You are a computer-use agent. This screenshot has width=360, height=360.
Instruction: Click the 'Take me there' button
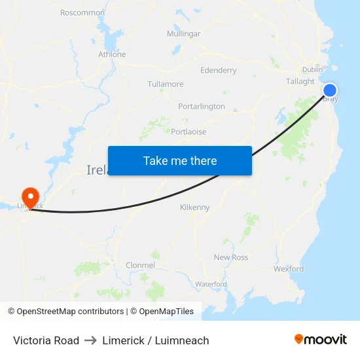[x=180, y=160]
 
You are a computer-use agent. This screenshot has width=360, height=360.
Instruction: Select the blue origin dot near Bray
[x=330, y=90]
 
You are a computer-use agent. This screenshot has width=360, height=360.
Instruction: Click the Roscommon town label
[x=82, y=12]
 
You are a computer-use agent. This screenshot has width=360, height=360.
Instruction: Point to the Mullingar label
[x=183, y=33]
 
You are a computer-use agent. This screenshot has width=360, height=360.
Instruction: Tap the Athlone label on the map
[x=112, y=54]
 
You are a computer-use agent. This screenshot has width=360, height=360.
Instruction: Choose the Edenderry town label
[x=219, y=70]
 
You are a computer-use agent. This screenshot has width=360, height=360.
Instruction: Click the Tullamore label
[x=166, y=84]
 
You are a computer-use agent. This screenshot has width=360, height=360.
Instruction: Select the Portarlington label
[x=202, y=106]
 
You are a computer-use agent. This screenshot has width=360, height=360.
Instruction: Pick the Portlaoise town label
[x=189, y=132]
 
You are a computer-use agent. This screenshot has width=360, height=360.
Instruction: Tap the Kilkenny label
[x=195, y=207]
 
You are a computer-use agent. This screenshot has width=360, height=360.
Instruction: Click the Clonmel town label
[x=140, y=265]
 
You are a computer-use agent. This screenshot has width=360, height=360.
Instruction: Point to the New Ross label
[x=231, y=257]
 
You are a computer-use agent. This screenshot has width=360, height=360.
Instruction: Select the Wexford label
[x=289, y=268]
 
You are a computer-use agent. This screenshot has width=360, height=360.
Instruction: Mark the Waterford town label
[x=211, y=284]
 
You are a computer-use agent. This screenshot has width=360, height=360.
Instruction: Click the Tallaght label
[x=300, y=81]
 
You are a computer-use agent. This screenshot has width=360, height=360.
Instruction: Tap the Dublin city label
[x=312, y=69]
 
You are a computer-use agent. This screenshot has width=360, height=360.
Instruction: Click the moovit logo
[x=321, y=340]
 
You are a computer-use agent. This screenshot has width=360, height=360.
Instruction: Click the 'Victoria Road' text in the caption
[x=46, y=340]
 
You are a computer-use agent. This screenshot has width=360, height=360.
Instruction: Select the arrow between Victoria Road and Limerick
[x=90, y=340]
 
